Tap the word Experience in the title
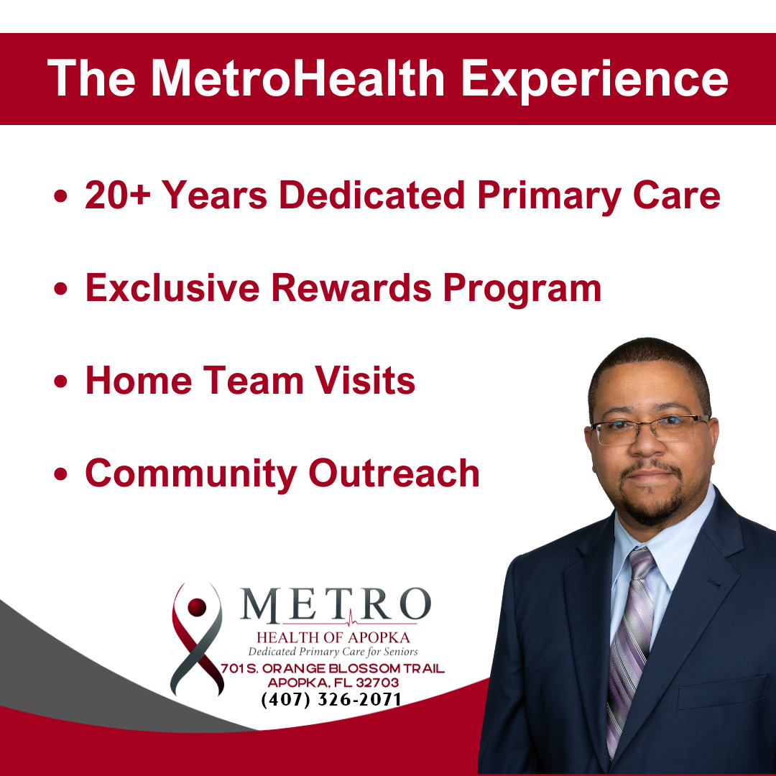tap(594, 78)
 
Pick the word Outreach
tap(394, 473)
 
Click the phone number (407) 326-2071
tap(331, 699)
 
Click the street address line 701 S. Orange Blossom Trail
tap(332, 669)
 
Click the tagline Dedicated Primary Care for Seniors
tap(332, 652)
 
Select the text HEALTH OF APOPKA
tap(332, 637)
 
